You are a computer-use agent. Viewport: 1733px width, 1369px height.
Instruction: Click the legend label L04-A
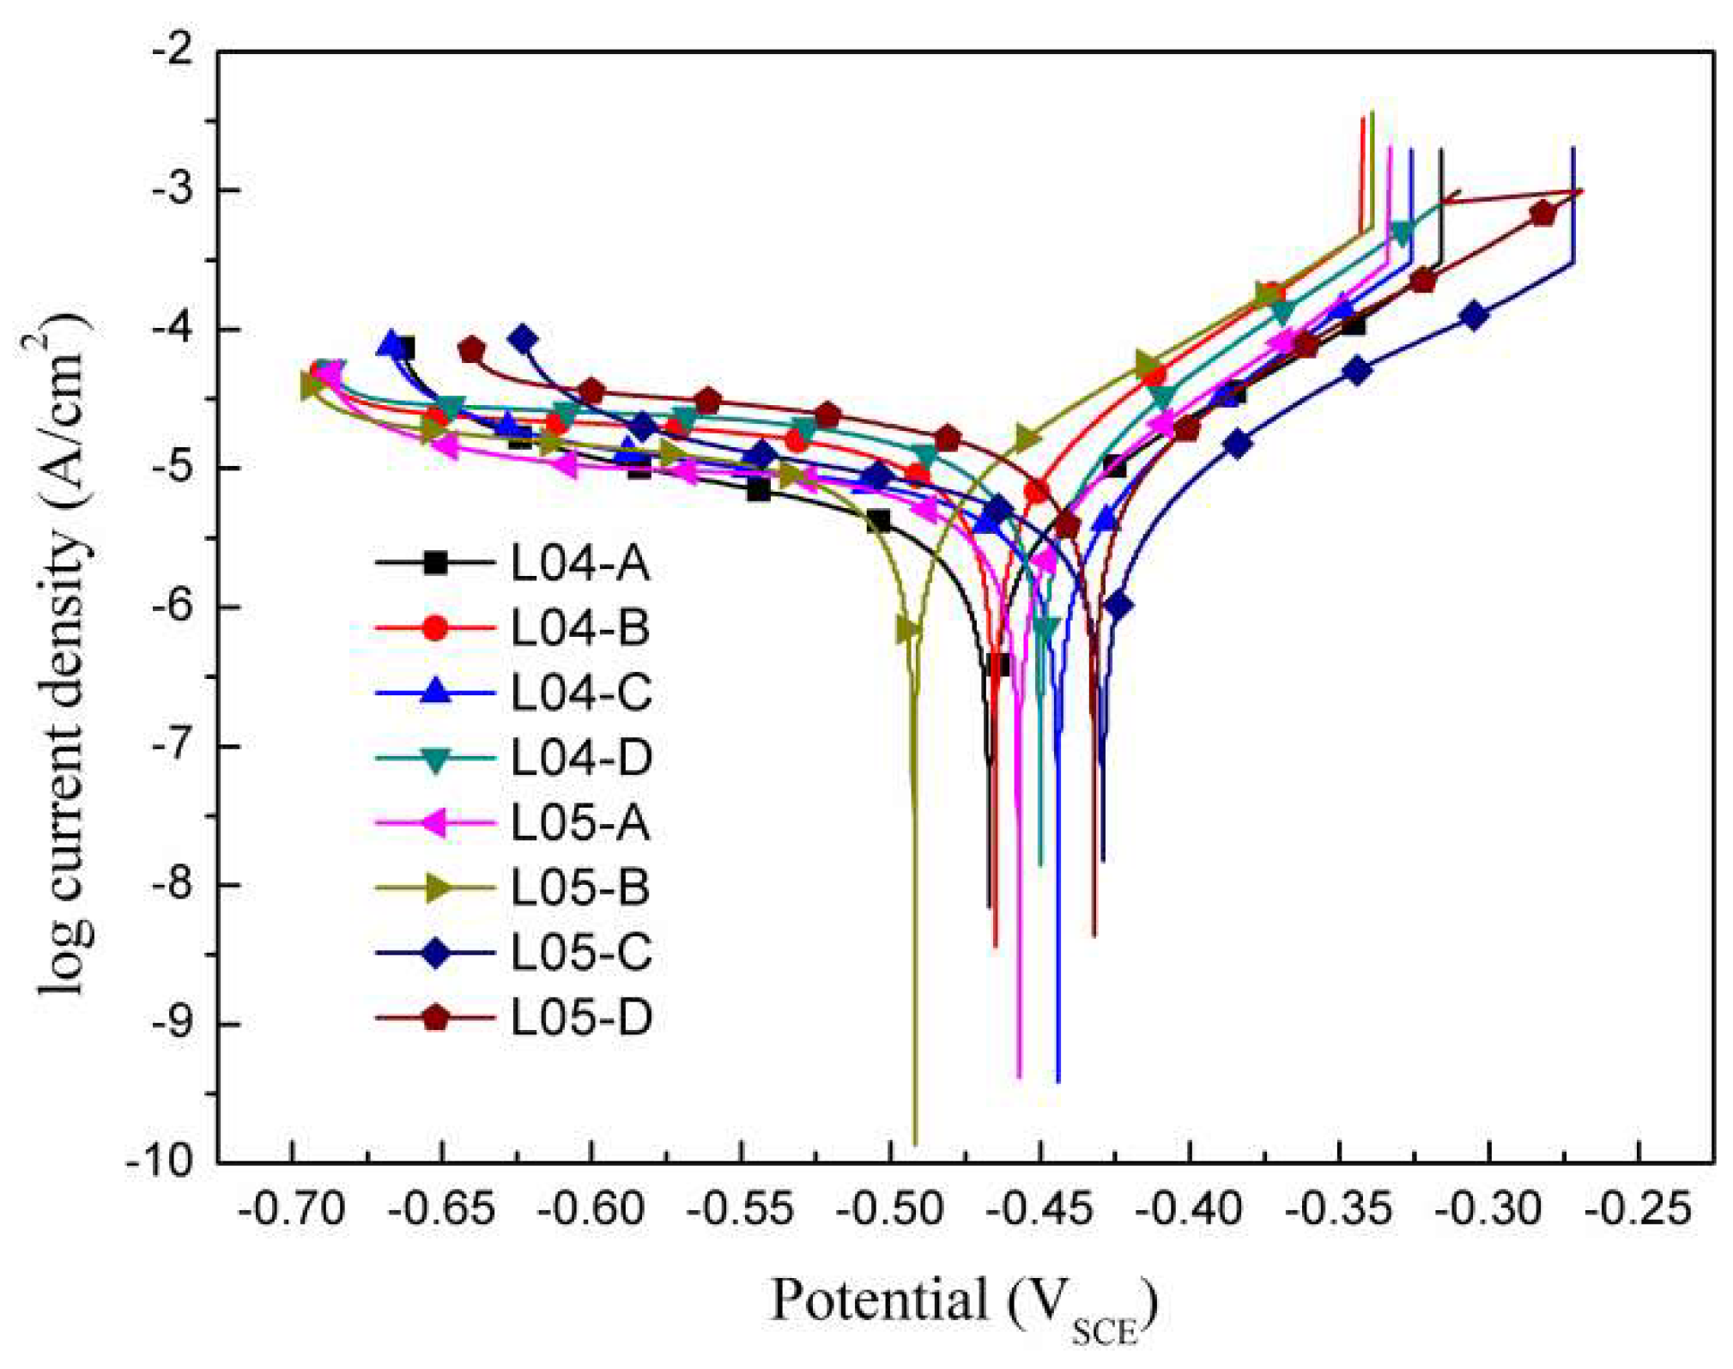580,564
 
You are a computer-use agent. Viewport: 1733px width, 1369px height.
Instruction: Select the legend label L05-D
581,1018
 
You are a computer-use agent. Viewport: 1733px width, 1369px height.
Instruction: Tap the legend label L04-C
581,693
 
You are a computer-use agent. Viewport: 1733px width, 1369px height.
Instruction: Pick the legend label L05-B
580,887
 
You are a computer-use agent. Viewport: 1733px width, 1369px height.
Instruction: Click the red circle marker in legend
435,628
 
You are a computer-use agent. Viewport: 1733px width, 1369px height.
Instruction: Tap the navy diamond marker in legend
435,953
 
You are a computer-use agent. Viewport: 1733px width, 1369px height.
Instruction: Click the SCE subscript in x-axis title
1105,1333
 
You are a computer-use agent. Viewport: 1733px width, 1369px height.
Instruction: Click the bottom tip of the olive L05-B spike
915,1142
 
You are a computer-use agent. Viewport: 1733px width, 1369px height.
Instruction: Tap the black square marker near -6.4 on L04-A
998,664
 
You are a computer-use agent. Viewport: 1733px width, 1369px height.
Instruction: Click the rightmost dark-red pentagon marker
1542,214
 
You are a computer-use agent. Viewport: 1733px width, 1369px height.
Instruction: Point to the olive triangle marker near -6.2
907,630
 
